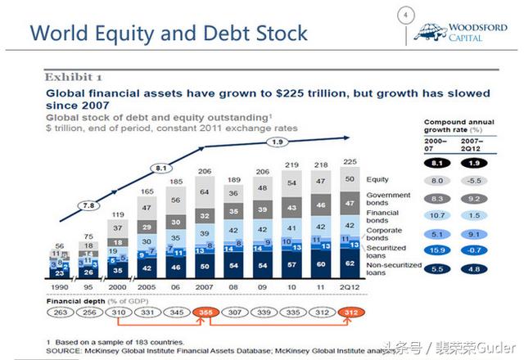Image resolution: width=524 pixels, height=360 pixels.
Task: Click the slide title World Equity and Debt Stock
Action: (169, 34)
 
